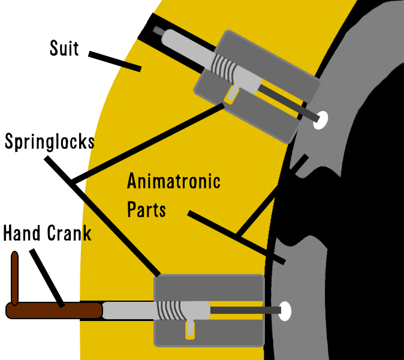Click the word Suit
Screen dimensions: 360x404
(64, 47)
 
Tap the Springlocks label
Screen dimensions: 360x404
(49, 142)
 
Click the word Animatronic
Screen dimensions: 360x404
(174, 181)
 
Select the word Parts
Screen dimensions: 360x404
(146, 209)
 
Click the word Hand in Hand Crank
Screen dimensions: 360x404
(22, 233)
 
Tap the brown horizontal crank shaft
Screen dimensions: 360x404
(54, 311)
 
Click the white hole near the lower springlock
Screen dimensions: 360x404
(285, 310)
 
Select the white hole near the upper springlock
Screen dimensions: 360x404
(321, 119)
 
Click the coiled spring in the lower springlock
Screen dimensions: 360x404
(170, 310)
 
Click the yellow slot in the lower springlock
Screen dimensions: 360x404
(190, 329)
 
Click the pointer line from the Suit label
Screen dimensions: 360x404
(114, 61)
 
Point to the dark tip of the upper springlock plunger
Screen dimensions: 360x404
(158, 30)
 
